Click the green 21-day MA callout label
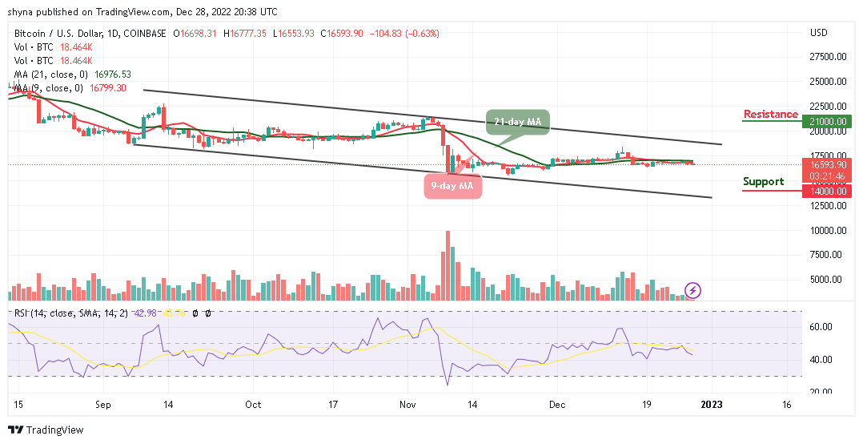coord(516,122)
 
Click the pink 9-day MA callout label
coord(452,186)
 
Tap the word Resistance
coord(770,115)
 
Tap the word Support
coord(763,182)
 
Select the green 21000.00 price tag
coord(827,121)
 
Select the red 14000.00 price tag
coord(827,191)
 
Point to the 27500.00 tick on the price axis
coord(827,56)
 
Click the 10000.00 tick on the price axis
coord(827,231)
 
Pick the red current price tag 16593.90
coord(827,163)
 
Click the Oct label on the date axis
coord(253,406)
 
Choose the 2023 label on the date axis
coord(711,406)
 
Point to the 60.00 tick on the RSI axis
coord(821,327)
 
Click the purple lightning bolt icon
coord(693,290)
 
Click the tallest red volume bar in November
coord(447,265)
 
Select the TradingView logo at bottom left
coord(46,430)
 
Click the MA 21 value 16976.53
coord(112,74)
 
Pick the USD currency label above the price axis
coord(818,33)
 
